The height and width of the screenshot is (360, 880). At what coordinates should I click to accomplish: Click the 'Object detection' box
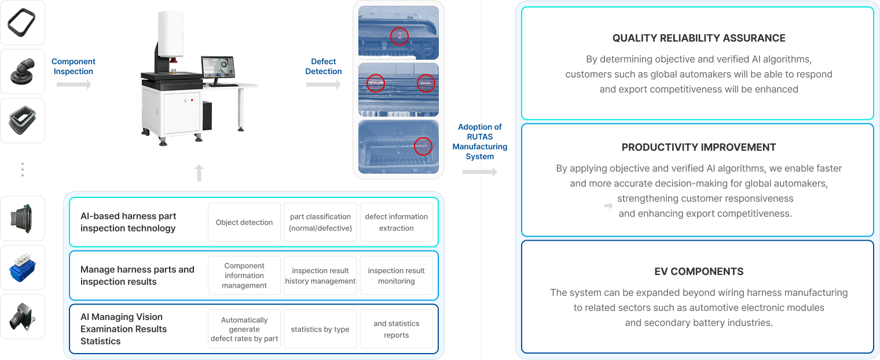tap(244, 222)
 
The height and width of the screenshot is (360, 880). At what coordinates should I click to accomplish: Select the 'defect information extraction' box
tap(396, 222)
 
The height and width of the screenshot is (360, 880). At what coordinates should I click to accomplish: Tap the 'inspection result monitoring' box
tap(396, 275)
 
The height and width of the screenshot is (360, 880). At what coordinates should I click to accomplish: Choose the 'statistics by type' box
tap(320, 329)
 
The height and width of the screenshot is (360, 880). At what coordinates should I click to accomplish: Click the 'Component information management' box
tap(244, 275)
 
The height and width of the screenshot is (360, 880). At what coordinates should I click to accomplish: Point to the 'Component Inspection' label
tap(73, 66)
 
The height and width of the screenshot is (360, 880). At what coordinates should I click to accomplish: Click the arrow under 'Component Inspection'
tap(74, 85)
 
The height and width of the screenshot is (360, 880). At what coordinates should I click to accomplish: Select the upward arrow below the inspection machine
tap(199, 172)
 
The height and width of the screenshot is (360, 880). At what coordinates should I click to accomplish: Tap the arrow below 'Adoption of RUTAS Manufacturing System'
tap(480, 172)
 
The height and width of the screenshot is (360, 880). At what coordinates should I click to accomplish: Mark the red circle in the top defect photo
tap(399, 36)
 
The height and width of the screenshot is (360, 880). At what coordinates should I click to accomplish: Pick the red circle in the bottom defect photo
tap(423, 146)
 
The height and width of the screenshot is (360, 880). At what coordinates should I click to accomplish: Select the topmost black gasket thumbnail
tap(23, 23)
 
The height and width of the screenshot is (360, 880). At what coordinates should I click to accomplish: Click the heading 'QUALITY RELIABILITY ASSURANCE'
tap(699, 38)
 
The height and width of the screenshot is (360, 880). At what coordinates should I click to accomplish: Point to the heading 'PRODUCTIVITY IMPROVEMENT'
tap(699, 147)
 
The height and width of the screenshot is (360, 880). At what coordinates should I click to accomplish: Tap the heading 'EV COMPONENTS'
tap(699, 271)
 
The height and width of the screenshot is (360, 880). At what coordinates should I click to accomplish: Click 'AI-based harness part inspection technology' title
tap(129, 222)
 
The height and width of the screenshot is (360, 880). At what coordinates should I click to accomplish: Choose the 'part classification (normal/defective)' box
tap(320, 222)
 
